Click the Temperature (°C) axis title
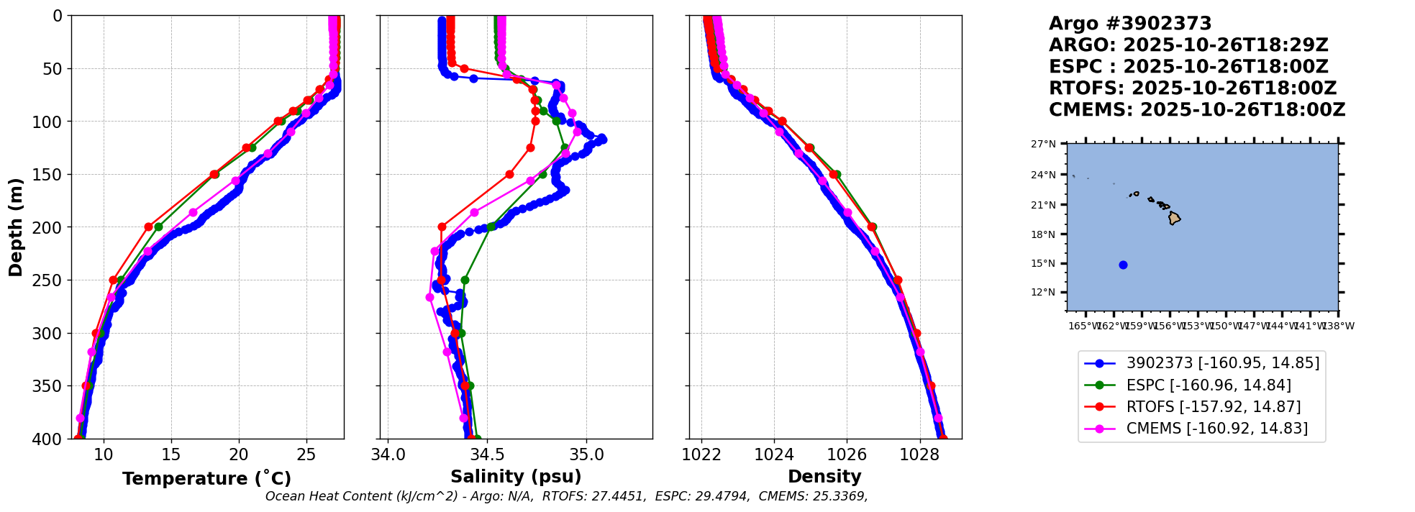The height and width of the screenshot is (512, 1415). pos(206,479)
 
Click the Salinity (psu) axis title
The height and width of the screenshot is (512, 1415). pos(516,477)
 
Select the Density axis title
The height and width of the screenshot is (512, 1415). pos(824,477)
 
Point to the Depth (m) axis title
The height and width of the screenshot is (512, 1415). pos(16,227)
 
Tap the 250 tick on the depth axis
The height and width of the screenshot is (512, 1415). pos(51,280)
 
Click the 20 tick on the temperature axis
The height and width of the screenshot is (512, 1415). pos(239,454)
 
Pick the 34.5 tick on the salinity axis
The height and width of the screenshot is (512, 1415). pos(486,454)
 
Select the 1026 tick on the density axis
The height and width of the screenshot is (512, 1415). pos(847,454)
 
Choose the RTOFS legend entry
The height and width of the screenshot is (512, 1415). pos(1213,407)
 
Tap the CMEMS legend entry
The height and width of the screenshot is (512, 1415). pos(1216,429)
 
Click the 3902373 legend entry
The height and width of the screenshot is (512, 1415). pos(1222,363)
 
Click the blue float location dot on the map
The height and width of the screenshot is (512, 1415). pos(1123,265)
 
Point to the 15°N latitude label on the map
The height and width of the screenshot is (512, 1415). pos(1043,263)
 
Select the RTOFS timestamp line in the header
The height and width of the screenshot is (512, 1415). pos(1192,88)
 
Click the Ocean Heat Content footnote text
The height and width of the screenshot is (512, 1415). pos(566,496)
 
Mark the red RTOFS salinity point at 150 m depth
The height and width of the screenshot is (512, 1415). pos(509,174)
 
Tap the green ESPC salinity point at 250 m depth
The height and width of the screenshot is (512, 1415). pos(465,280)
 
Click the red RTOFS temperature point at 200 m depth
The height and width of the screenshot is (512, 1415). pos(149,227)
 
